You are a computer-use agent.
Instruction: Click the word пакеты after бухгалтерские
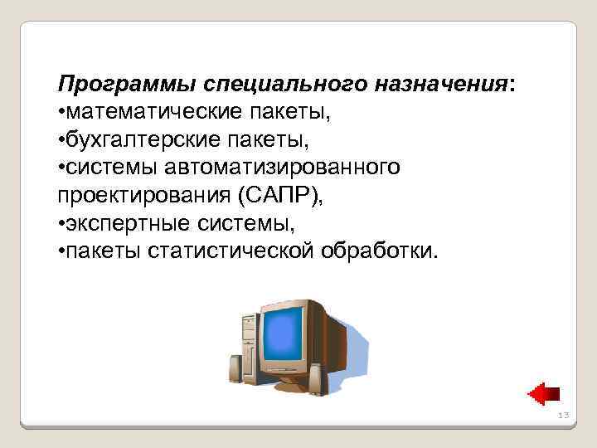pyautogui.click(x=238, y=140)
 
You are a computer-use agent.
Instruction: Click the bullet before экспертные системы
pyautogui.click(x=61, y=224)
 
